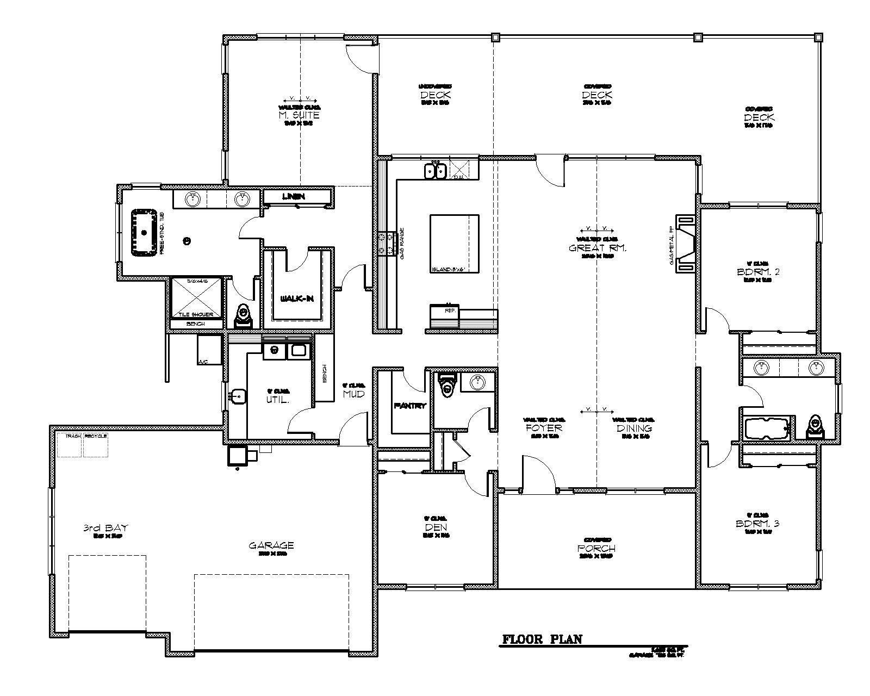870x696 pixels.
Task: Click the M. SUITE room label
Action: pyautogui.click(x=299, y=115)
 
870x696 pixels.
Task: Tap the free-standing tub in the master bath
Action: pyautogui.click(x=144, y=232)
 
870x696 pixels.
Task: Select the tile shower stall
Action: pyautogui.click(x=197, y=296)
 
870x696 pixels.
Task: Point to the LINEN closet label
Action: pyautogui.click(x=293, y=196)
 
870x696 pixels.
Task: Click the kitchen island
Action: pyautogui.click(x=454, y=243)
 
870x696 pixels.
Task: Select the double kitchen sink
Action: pyautogui.click(x=435, y=171)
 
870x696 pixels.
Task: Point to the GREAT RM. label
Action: pyautogui.click(x=598, y=248)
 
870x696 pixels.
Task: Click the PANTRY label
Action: pyautogui.click(x=410, y=406)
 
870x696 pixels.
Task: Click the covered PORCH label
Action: pyautogui.click(x=596, y=548)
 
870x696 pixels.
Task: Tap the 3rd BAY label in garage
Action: pyautogui.click(x=105, y=528)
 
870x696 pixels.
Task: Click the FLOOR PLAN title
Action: pyautogui.click(x=542, y=639)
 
